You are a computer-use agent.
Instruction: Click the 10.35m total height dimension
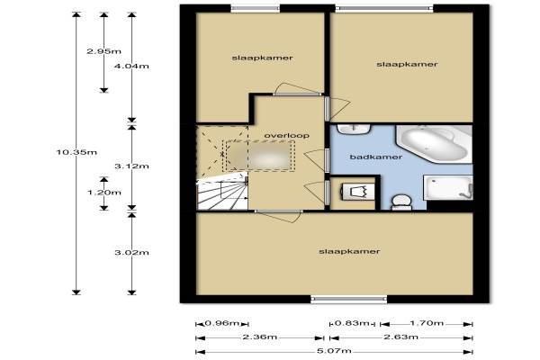click(76, 152)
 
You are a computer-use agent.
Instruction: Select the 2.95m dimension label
click(104, 51)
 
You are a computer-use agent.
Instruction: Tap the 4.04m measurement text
click(132, 66)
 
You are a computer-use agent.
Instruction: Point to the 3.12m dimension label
click(132, 166)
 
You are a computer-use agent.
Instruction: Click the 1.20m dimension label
click(104, 193)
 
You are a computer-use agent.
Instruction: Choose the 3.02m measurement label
click(132, 253)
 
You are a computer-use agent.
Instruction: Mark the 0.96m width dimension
click(222, 323)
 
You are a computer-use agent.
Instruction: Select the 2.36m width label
click(260, 337)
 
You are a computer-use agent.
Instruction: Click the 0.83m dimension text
click(352, 323)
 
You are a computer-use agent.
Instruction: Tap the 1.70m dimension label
click(427, 323)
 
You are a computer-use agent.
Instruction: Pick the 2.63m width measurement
click(401, 337)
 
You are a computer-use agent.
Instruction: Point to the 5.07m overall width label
click(334, 351)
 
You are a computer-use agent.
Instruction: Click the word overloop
click(286, 136)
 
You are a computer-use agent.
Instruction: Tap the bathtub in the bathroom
click(435, 144)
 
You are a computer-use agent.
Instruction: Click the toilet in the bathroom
click(401, 202)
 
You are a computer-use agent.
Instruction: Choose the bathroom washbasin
click(354, 130)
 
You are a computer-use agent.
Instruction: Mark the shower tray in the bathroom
click(447, 188)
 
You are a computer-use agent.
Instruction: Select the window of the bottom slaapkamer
click(349, 299)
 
